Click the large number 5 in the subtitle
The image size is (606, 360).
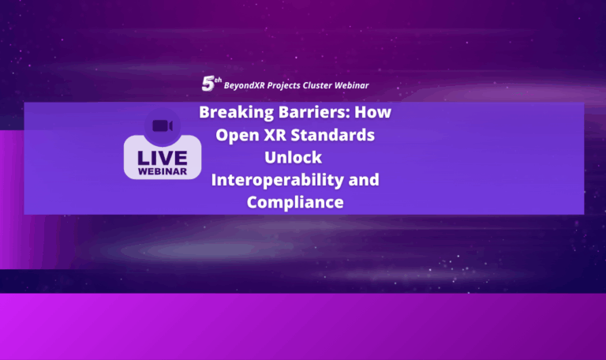pos(208,84)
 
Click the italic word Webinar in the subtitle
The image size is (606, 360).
pos(351,85)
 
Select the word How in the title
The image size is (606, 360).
pos(373,112)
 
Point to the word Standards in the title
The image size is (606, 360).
pos(332,135)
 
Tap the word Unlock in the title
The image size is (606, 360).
pos(294,157)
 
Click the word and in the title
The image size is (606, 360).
pos(364,180)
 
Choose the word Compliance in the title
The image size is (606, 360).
pos(295,203)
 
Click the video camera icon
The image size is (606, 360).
pos(163,126)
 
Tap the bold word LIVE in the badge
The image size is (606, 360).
pos(163,158)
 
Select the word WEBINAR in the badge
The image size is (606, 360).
pos(163,171)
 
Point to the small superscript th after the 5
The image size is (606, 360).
pos(218,80)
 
